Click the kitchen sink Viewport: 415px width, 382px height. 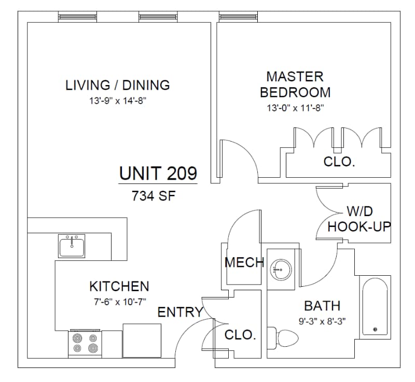click(x=72, y=246)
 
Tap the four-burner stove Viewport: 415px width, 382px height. click(x=85, y=343)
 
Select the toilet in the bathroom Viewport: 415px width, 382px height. click(x=283, y=337)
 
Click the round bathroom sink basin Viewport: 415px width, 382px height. click(x=281, y=270)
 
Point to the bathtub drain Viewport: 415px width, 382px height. click(x=375, y=330)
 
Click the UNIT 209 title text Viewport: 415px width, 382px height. click(x=158, y=174)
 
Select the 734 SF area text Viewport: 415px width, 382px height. click(x=154, y=196)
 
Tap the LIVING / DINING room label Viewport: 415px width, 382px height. click(x=118, y=85)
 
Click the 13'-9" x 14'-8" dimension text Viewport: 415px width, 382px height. click(x=118, y=101)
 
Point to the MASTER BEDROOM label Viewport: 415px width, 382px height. click(x=295, y=84)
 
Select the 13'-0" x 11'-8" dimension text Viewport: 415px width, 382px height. click(x=295, y=108)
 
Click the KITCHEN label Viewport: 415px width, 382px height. click(x=119, y=286)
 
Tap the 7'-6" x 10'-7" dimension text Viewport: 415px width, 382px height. click(x=120, y=302)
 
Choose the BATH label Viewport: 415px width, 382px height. click(x=322, y=306)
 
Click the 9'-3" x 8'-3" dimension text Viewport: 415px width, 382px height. click(x=322, y=321)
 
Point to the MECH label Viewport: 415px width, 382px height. click(x=244, y=262)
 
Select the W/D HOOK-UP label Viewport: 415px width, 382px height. click(x=359, y=219)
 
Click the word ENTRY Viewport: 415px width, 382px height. click(x=180, y=312)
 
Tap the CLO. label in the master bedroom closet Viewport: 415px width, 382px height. click(x=339, y=162)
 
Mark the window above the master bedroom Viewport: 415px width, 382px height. click(x=238, y=17)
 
